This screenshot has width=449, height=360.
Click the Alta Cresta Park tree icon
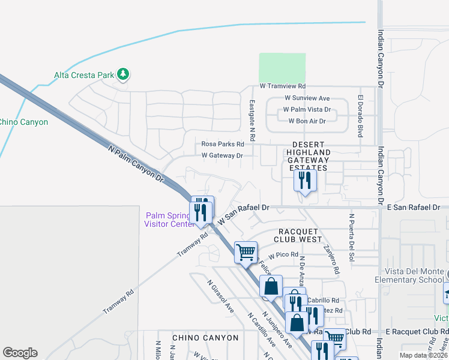(124, 74)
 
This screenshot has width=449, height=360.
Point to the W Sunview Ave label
(307, 98)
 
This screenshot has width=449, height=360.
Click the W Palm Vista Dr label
(307, 109)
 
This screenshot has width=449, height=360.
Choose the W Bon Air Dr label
(307, 121)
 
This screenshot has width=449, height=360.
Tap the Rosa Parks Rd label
(223, 144)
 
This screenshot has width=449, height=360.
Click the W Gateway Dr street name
(222, 155)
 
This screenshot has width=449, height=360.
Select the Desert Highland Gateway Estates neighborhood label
(308, 157)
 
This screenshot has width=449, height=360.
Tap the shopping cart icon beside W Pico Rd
(246, 252)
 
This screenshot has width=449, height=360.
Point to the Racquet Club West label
(300, 235)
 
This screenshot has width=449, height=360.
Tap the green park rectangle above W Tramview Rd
(282, 68)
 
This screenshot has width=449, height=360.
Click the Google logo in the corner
(20, 353)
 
